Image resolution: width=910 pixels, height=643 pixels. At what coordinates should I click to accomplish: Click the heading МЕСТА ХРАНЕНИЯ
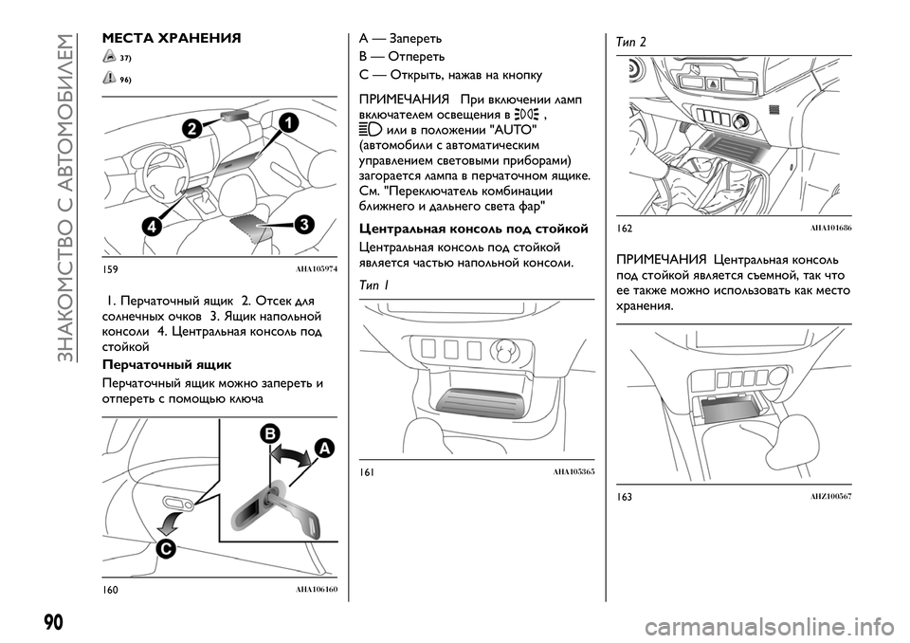tap(171, 39)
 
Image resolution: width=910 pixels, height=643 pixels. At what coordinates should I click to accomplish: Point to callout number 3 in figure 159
tap(302, 224)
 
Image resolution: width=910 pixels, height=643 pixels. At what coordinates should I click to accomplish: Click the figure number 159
tap(112, 269)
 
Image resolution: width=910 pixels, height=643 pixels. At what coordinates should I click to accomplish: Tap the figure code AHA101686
tap(830, 230)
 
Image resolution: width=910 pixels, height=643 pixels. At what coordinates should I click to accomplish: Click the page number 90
tap(53, 622)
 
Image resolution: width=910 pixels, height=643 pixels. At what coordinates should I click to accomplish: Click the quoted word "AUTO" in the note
tap(510, 129)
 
